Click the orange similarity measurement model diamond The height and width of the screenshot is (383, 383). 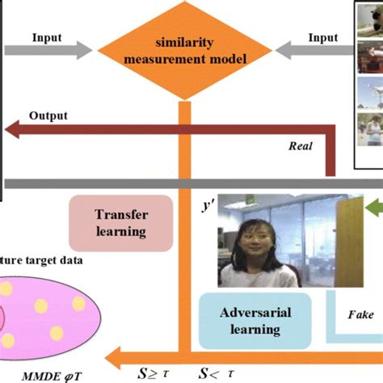coord(184,50)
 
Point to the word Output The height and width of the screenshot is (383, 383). coord(48,116)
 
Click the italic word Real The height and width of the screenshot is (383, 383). coord(301,146)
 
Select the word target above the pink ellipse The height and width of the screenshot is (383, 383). coord(49,260)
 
